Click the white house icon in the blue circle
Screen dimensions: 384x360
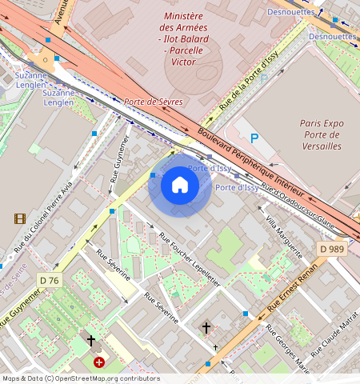coord(180,186)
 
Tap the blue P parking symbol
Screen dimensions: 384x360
coord(255,138)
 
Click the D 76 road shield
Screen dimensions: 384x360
coord(50,280)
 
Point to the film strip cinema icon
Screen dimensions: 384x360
coord(19,218)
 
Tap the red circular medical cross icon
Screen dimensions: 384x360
coord(99,362)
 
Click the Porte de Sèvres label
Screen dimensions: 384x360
coord(153,102)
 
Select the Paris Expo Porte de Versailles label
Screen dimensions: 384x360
coord(322,134)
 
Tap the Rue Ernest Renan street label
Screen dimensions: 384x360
coord(293,290)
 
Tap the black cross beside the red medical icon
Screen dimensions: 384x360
coord(90,342)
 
